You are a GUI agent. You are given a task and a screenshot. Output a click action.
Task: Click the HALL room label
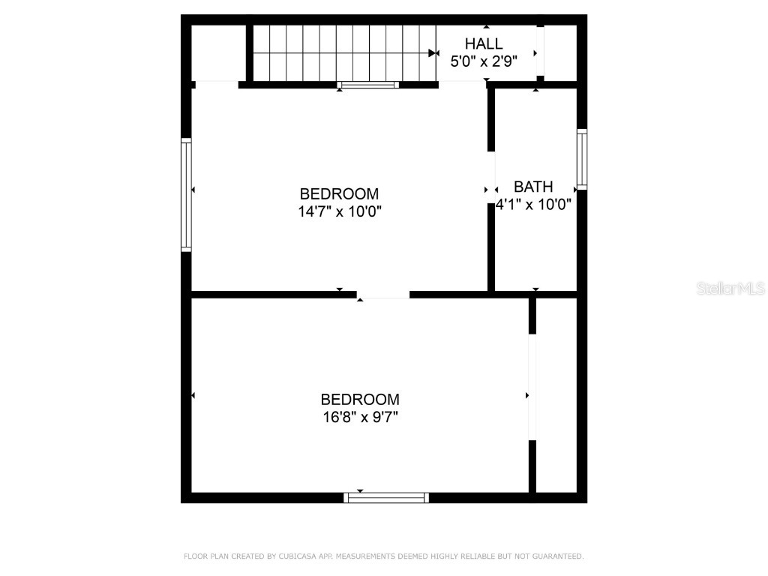[484, 43]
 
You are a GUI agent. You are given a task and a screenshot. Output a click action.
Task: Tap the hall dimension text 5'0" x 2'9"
[484, 61]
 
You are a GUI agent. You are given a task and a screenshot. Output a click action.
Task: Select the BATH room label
[533, 187]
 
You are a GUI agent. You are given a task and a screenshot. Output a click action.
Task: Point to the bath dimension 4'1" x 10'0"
[534, 204]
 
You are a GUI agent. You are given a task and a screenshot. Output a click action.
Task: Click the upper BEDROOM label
[339, 193]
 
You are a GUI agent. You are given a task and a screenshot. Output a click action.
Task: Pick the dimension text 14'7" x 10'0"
[340, 211]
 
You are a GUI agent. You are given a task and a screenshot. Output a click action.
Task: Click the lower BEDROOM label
[360, 399]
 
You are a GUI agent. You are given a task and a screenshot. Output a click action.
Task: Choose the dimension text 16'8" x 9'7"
[360, 417]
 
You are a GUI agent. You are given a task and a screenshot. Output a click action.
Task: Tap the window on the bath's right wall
[582, 158]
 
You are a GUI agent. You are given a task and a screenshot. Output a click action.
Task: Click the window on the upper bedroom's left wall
[186, 194]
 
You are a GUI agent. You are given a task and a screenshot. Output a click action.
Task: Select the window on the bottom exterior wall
[386, 497]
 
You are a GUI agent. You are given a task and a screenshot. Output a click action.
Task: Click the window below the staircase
[367, 85]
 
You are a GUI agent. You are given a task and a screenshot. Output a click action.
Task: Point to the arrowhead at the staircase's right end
[433, 53]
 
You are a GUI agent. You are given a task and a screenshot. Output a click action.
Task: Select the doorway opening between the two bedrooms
[383, 294]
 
